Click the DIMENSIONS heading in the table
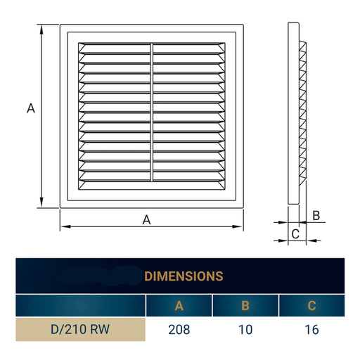184,276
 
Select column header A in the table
179,305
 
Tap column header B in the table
245,305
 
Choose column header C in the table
311,305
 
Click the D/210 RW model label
80,329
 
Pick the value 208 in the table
179,329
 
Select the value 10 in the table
245,329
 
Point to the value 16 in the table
311,329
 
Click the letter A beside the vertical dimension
30,108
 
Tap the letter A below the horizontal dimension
147,219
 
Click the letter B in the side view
316,215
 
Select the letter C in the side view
295,233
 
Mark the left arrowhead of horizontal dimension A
64,226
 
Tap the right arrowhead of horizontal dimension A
240,226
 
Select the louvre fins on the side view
303,112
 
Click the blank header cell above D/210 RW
80,305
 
